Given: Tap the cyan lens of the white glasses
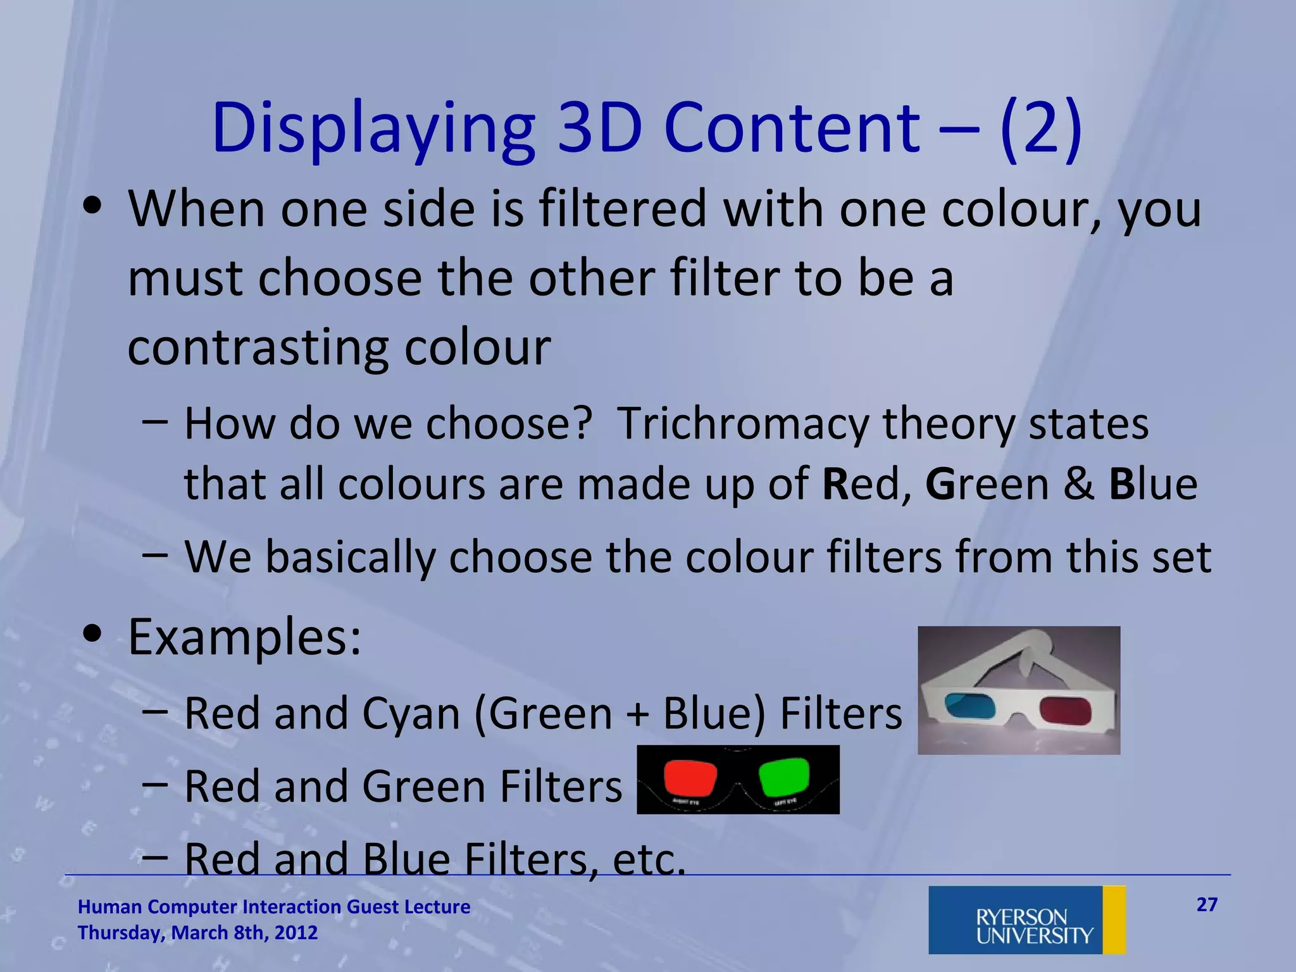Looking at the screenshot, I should pyautogui.click(x=968, y=707).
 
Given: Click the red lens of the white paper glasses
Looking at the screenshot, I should pyautogui.click(x=1066, y=710).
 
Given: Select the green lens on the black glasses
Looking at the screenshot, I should pyautogui.click(x=784, y=776).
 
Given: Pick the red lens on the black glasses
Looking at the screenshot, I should pyautogui.click(x=690, y=776).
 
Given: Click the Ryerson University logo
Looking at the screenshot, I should pyautogui.click(x=1027, y=919).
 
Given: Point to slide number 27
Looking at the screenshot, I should pyautogui.click(x=1207, y=905).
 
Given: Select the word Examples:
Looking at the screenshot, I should pyautogui.click(x=245, y=637).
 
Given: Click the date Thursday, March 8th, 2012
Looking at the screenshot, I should pyautogui.click(x=197, y=933).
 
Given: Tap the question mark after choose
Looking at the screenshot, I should pyautogui.click(x=583, y=423).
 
